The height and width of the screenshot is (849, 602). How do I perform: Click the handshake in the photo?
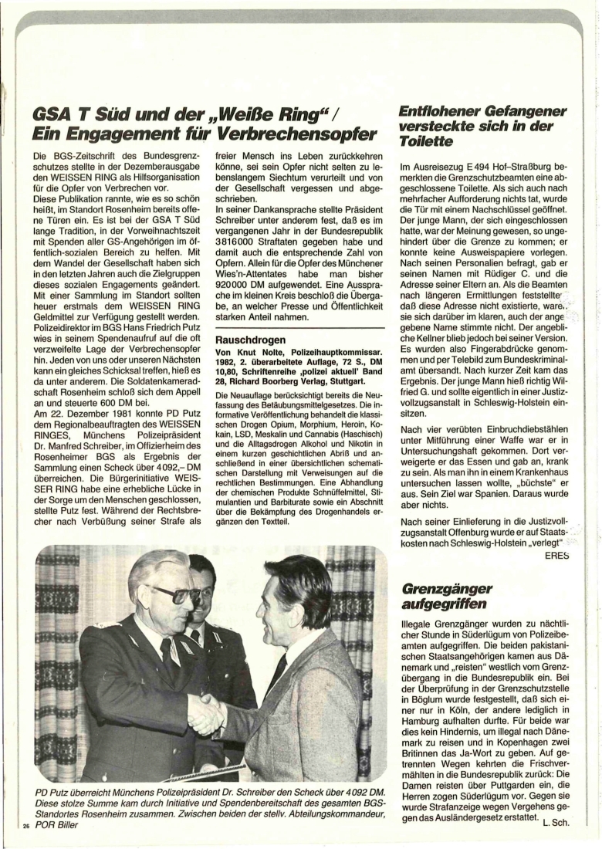click(208, 713)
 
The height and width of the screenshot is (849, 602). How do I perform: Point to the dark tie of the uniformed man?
click(168, 656)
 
